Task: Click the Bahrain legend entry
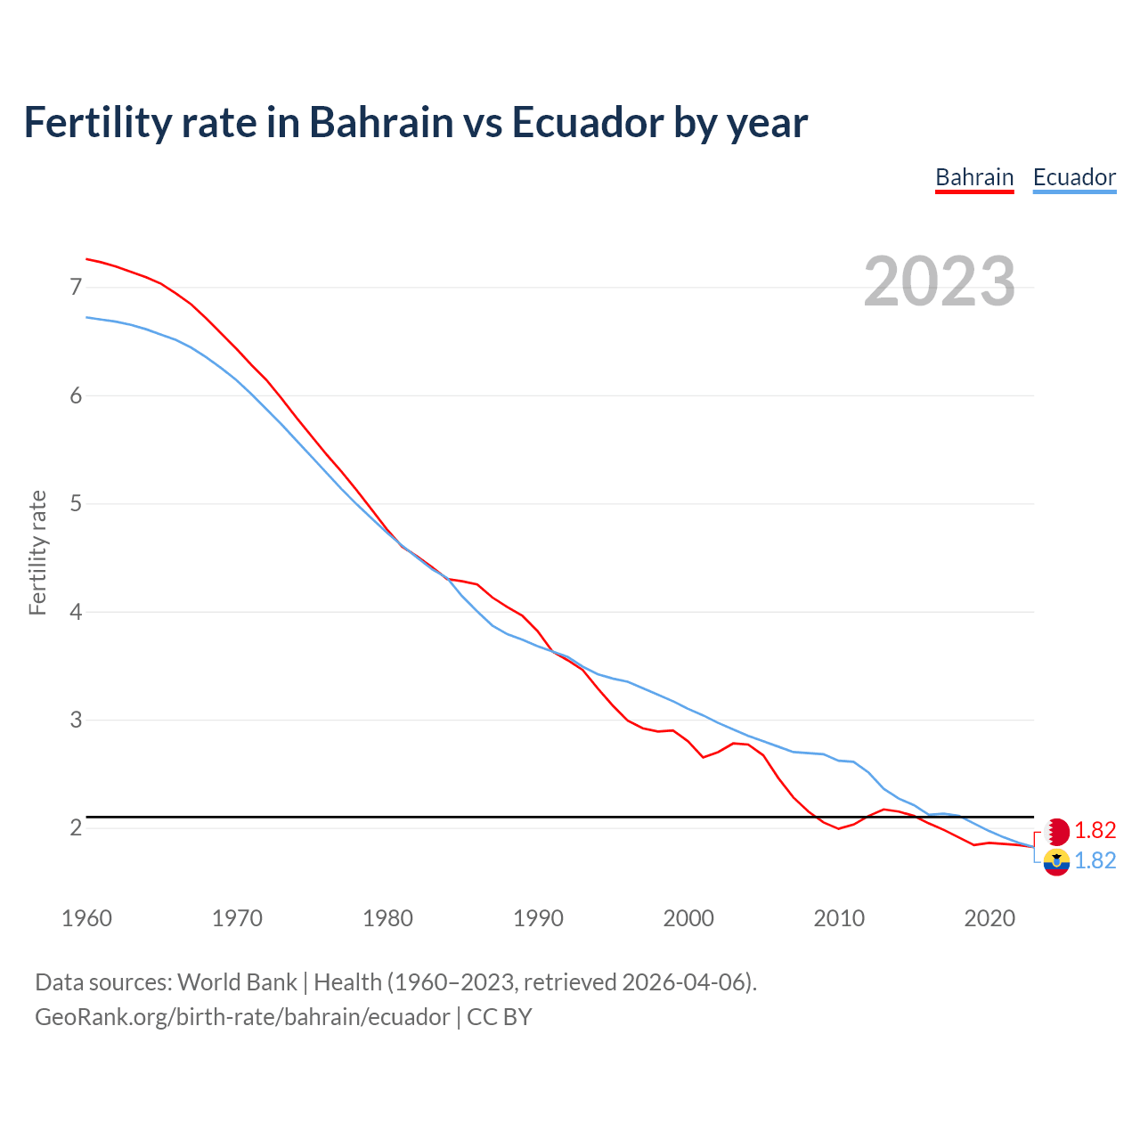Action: click(x=974, y=177)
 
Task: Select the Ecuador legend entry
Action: click(x=1074, y=177)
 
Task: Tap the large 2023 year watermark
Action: click(x=940, y=281)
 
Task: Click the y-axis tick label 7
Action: click(x=76, y=287)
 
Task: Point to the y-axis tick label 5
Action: click(x=76, y=504)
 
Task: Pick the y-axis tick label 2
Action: click(x=76, y=828)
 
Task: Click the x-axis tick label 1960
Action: click(x=86, y=918)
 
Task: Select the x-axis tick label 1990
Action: click(x=538, y=918)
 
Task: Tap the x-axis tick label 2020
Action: click(x=989, y=918)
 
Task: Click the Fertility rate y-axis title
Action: click(x=37, y=552)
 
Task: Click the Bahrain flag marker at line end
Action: click(x=1056, y=832)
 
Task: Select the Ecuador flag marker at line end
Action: click(x=1056, y=861)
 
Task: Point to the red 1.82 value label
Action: click(x=1095, y=831)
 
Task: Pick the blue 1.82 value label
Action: click(x=1095, y=860)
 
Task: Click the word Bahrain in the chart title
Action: click(x=381, y=122)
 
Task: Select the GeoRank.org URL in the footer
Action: click(x=242, y=1017)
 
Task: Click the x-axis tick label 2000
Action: click(x=688, y=918)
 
